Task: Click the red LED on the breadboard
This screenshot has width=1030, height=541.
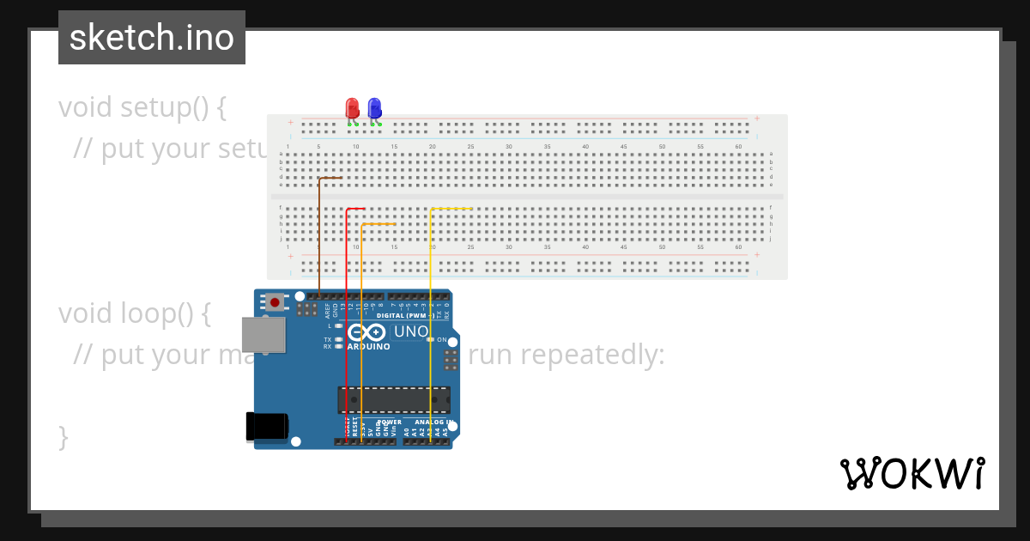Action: [x=352, y=108]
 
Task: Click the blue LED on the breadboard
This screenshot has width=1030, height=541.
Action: [x=374, y=108]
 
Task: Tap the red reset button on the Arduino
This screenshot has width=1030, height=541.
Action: [x=275, y=301]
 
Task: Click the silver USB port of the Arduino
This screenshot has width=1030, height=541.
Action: [x=263, y=335]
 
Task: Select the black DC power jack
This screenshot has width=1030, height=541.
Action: [x=266, y=427]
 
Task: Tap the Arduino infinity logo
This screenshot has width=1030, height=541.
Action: [x=367, y=332]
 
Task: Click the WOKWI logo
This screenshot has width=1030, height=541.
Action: [x=912, y=473]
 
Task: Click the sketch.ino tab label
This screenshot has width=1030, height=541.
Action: [x=152, y=38]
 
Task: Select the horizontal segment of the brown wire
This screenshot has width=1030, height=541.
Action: [x=330, y=178]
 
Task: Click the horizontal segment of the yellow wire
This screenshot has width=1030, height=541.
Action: [x=451, y=209]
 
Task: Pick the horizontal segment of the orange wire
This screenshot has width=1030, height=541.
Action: [x=379, y=224]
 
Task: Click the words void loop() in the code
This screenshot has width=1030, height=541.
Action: [x=134, y=313]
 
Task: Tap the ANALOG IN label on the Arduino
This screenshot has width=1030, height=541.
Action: [x=433, y=422]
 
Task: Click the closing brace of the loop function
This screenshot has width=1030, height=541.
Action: [x=63, y=436]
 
